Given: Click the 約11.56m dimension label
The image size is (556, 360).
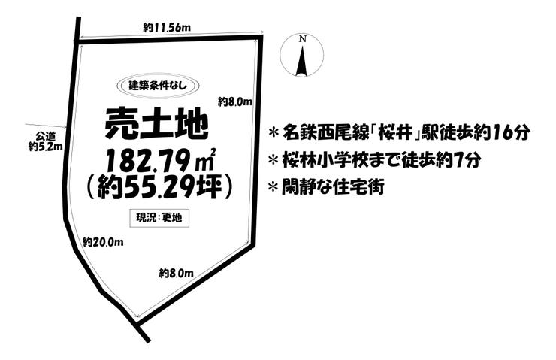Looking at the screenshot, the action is (167, 27).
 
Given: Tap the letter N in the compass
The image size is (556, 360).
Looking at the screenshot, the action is (303, 39).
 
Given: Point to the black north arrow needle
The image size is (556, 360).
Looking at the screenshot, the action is (302, 60).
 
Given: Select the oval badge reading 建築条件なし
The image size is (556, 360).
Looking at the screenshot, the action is (158, 86).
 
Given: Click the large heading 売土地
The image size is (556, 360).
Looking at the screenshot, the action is (156, 123).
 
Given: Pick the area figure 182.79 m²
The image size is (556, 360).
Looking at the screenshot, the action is (159, 161).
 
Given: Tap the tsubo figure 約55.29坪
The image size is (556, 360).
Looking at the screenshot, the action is (159, 188).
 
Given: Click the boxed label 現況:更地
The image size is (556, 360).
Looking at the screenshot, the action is (159, 218).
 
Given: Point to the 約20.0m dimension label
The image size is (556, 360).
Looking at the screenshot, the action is (103, 242).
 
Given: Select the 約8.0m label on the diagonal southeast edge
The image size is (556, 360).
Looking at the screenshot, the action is (177, 274).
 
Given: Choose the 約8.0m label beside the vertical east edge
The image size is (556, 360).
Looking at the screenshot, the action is (234, 102).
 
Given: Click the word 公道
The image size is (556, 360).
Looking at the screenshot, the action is (45, 136).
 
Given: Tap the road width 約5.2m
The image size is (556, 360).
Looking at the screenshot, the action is (45, 146).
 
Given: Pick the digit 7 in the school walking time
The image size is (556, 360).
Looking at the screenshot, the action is (459, 161).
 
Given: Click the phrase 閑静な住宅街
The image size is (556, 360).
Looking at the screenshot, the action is (333, 187).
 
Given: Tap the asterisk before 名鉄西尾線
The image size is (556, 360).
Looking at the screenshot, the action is (273, 133).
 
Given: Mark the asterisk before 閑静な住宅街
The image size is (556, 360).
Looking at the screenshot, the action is (273, 187).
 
